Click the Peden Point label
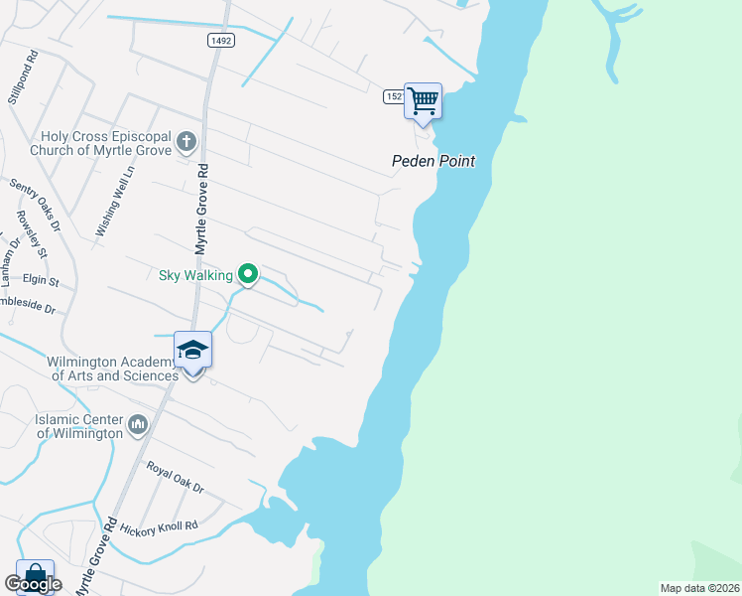coord(433,161)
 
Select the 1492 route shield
coord(221,40)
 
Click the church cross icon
coord(186,143)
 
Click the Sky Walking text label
coord(195,275)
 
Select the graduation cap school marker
coord(192,351)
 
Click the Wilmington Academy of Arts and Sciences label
coord(112,369)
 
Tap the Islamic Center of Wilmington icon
coord(138,426)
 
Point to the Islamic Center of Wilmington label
coord(78,426)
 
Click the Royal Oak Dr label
coord(175,478)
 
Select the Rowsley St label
coord(32,243)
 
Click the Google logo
coord(33,584)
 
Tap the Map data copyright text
coord(699,588)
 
